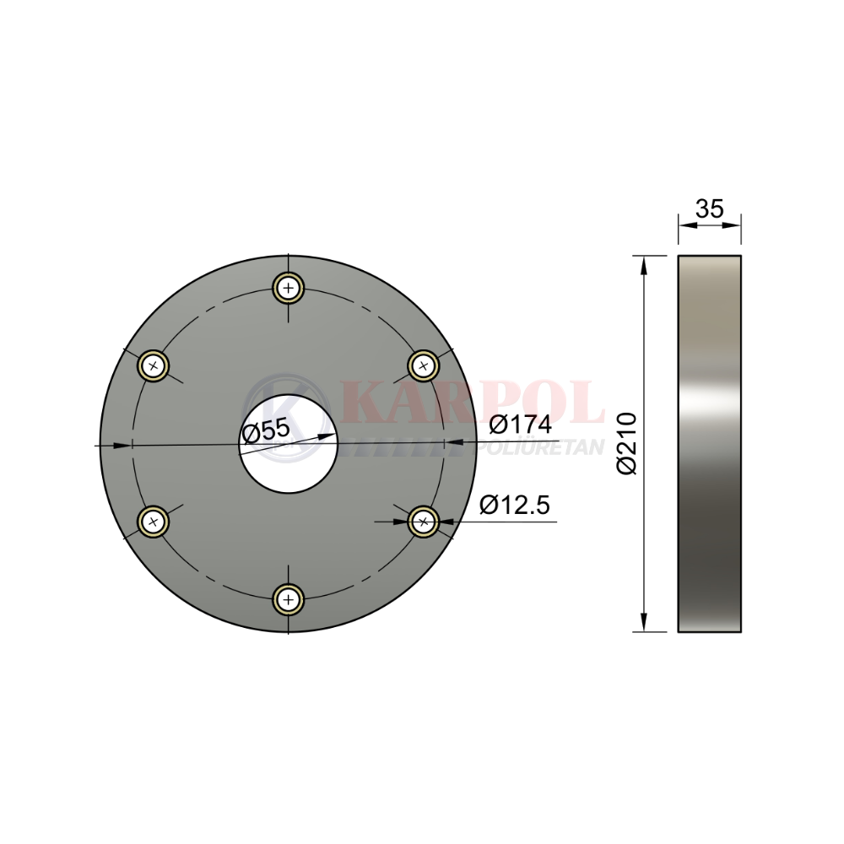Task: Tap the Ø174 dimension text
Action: [x=521, y=425]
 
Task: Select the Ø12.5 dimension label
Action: [x=515, y=506]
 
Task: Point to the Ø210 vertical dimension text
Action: [x=627, y=444]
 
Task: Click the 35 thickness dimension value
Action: [x=710, y=208]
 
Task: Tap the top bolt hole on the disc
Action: [x=289, y=288]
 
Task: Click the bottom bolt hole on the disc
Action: [x=289, y=599]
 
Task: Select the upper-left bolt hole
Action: [x=154, y=366]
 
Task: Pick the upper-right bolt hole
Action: [x=424, y=366]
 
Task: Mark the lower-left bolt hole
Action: [x=154, y=521]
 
